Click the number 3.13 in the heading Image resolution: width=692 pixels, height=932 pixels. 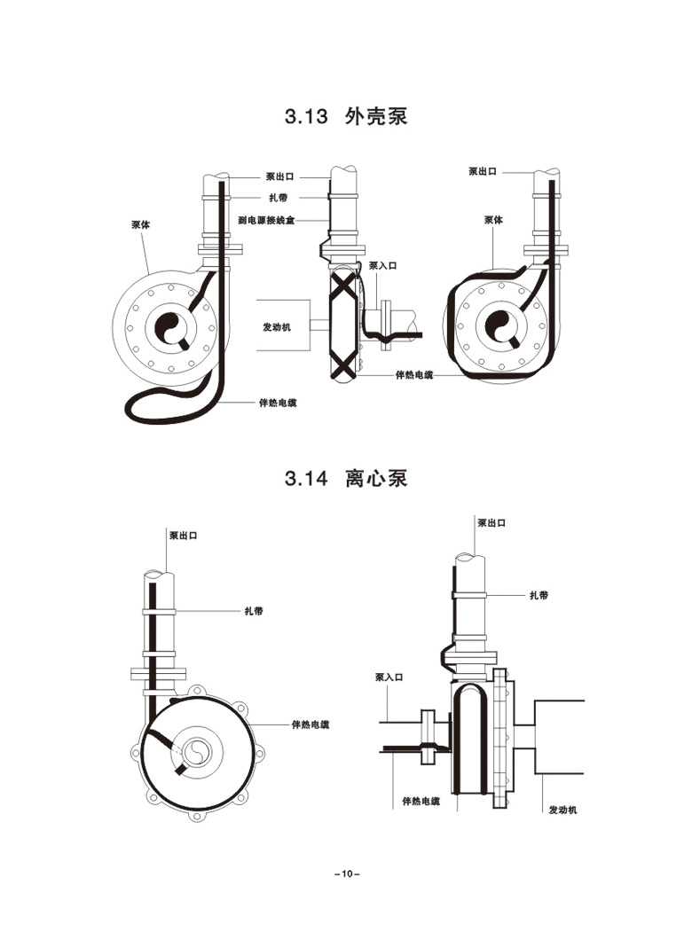[x=306, y=116]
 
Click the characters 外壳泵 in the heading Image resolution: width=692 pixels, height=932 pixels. [x=376, y=116]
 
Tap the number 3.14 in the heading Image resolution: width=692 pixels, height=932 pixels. [x=306, y=479]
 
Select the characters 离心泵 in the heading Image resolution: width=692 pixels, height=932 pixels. [x=376, y=479]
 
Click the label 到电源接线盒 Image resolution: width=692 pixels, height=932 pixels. [x=266, y=221]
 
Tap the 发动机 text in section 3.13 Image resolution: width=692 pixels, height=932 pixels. [x=278, y=327]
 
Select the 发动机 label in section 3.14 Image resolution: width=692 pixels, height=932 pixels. [x=562, y=810]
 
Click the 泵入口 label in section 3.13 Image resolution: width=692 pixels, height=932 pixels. [x=383, y=266]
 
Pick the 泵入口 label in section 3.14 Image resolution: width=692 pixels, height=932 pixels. [x=389, y=677]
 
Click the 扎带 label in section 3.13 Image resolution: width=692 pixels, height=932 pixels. [x=279, y=198]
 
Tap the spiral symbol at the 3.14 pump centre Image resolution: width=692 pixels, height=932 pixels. [x=196, y=753]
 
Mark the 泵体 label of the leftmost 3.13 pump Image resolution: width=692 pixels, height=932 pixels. [x=141, y=224]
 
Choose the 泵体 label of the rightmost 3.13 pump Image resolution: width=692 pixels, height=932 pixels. [x=493, y=220]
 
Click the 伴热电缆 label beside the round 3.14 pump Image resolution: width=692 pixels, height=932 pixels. [x=311, y=724]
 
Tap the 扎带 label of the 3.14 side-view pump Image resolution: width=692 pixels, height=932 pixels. [x=539, y=595]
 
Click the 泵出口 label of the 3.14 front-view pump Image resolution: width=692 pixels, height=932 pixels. [x=184, y=536]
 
